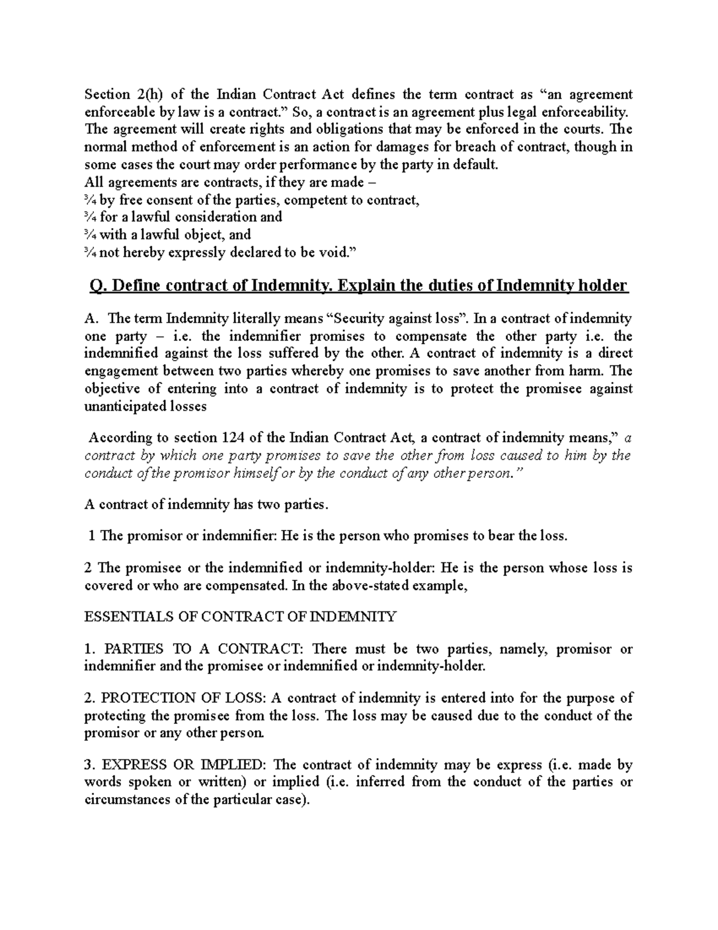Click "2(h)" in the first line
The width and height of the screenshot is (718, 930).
(147, 95)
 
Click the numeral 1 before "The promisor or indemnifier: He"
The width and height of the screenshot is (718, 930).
(92, 535)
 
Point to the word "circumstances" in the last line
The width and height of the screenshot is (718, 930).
(127, 799)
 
